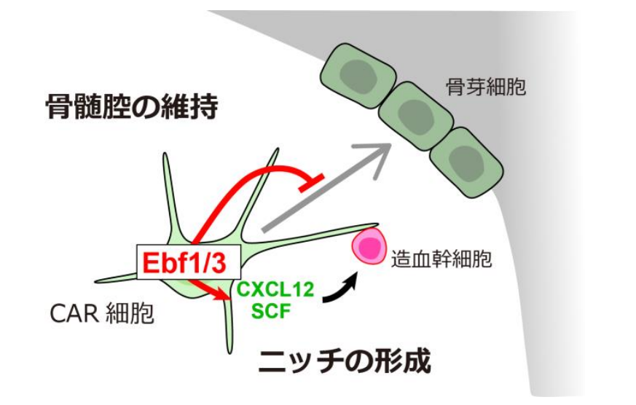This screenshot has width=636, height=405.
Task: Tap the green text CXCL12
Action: [275, 289]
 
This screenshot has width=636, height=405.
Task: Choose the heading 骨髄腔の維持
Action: [132, 109]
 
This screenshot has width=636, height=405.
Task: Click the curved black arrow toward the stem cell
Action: [341, 288]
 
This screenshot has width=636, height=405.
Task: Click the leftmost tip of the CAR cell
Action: [98, 279]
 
